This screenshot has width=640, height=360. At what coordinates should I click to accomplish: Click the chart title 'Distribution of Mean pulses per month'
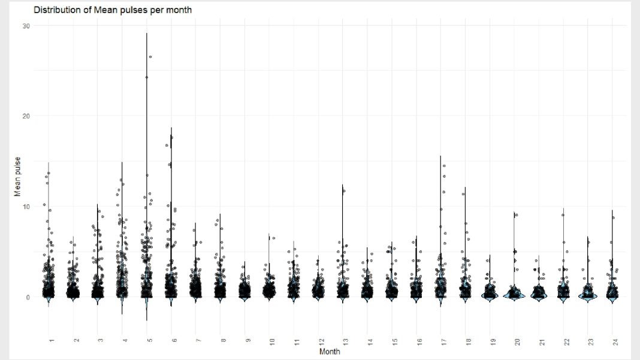[113, 10]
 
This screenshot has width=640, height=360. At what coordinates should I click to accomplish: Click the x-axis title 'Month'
[330, 352]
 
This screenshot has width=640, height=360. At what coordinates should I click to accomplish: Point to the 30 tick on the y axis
[26, 25]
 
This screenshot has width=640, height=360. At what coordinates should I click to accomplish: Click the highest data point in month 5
[150, 57]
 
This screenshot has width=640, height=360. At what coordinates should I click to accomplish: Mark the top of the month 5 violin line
[147, 33]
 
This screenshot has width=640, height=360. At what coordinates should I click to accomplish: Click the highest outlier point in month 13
[344, 191]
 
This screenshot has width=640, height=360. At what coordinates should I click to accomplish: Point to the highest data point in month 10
[274, 238]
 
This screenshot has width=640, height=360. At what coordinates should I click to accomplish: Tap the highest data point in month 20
[516, 214]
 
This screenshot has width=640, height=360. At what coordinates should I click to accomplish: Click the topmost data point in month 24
[613, 218]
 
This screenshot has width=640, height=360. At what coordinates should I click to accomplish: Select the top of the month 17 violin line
[440, 156]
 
